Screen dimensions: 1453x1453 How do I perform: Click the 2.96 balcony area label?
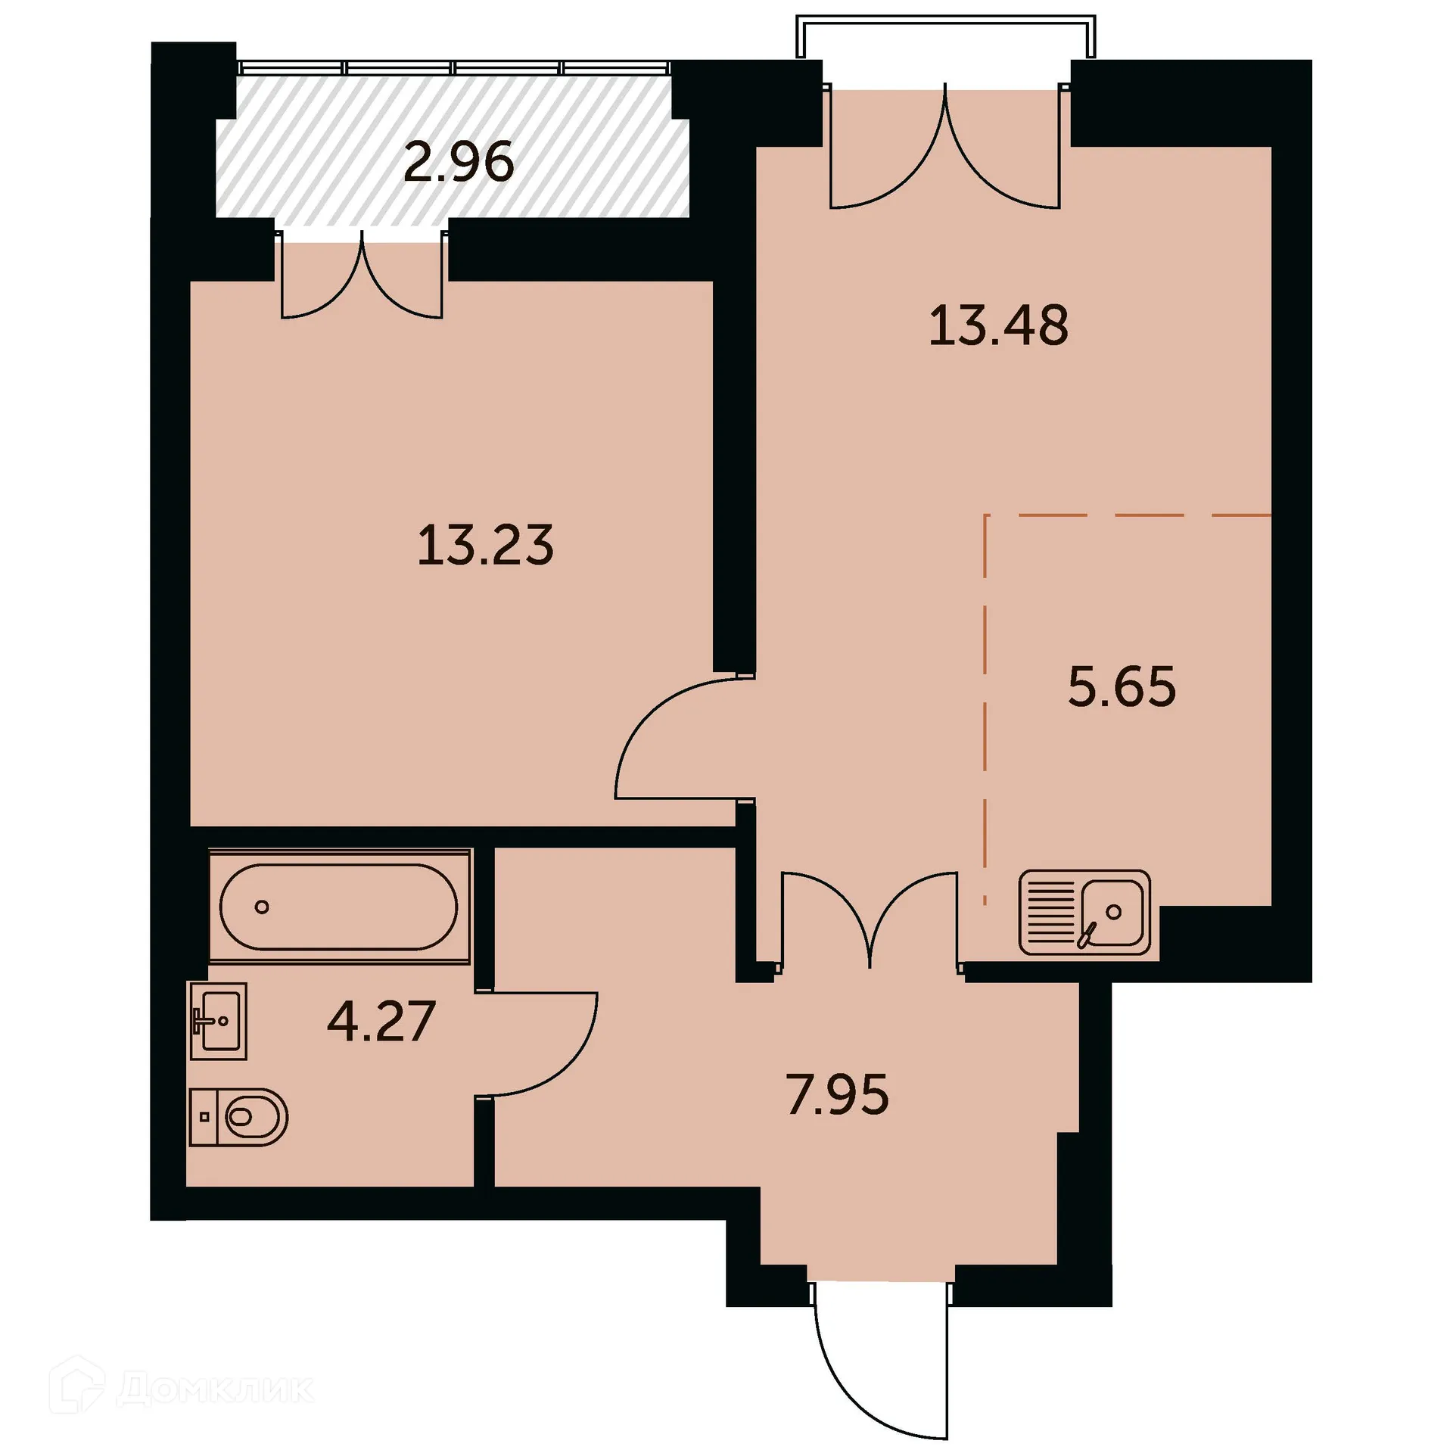[x=459, y=162]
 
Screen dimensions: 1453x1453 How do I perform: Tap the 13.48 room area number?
[x=998, y=325]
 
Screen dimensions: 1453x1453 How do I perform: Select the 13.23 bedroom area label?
[x=485, y=545]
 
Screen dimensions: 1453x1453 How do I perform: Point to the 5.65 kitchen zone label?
[x=1122, y=686]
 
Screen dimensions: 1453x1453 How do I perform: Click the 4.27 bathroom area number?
[x=381, y=1021]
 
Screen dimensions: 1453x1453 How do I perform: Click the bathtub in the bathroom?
[x=338, y=907]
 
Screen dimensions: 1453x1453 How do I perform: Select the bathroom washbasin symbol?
[x=218, y=1020]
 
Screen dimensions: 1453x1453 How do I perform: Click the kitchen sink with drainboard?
[x=1084, y=912]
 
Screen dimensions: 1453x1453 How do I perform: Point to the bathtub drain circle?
[x=262, y=907]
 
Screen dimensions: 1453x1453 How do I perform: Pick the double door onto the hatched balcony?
[x=362, y=280]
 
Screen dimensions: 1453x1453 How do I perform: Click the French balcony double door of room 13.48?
[x=945, y=151]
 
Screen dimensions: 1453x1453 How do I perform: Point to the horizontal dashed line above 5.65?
[x=1128, y=515]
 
